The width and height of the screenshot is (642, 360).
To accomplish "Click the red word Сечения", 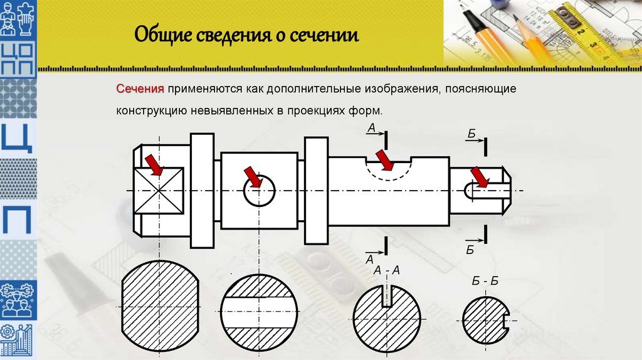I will click(x=140, y=90).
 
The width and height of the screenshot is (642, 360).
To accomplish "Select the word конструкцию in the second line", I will click(x=149, y=110).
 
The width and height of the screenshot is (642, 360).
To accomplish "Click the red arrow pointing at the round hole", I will click(x=252, y=176).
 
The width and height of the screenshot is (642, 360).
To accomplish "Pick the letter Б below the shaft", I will click(x=470, y=251).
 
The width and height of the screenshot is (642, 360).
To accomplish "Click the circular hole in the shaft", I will click(x=259, y=189).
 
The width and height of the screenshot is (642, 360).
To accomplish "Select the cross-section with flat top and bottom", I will click(x=159, y=305).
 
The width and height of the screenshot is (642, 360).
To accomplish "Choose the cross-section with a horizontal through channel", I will click(x=259, y=311).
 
